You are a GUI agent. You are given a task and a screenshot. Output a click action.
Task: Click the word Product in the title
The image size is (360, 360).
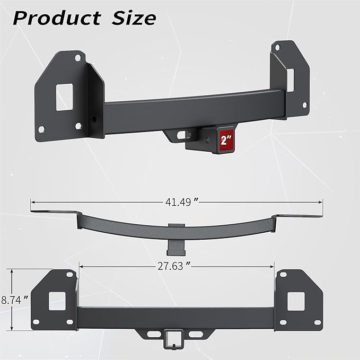coord(57,18)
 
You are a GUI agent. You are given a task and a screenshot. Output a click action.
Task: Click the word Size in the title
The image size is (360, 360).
coord(134,18)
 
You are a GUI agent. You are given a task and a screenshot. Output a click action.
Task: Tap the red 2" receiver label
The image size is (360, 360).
coord(226,140)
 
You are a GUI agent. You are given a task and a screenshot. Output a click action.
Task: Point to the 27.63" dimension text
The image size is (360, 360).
coord(174,266)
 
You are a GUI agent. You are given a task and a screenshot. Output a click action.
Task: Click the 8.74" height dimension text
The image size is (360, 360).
coord(15,300)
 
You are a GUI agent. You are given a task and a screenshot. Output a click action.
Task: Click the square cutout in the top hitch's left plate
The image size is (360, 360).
coord(65,97)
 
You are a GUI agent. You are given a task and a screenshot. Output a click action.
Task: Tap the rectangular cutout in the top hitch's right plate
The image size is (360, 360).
coord(290,80)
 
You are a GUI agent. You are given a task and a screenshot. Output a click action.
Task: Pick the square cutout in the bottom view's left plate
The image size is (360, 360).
coord(57,301)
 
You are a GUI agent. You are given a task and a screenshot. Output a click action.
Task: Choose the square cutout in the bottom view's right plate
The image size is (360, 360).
coord(296,301)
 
